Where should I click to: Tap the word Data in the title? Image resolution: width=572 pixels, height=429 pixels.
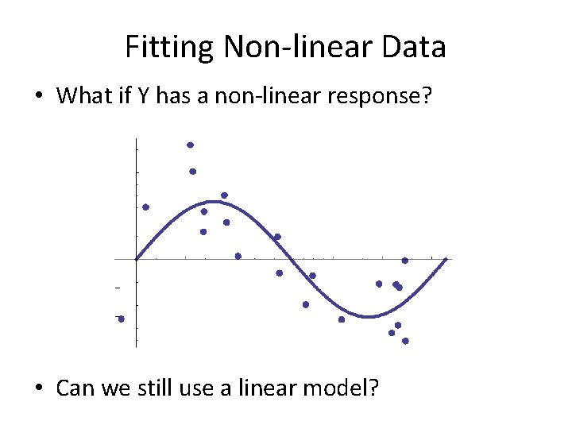click(413, 48)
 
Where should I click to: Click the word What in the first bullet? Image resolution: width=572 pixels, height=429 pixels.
click(82, 96)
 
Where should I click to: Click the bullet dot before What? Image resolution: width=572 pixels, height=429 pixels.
click(38, 97)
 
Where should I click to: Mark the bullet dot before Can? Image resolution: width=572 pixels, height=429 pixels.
click(38, 388)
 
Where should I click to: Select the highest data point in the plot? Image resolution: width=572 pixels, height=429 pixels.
click(190, 145)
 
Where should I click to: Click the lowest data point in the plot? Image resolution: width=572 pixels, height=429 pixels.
click(405, 341)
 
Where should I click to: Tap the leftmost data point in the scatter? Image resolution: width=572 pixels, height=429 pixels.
click(121, 319)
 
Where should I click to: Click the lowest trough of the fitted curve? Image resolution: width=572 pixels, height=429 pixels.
click(368, 316)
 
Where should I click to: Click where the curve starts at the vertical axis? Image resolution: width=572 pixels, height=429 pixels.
click(137, 258)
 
